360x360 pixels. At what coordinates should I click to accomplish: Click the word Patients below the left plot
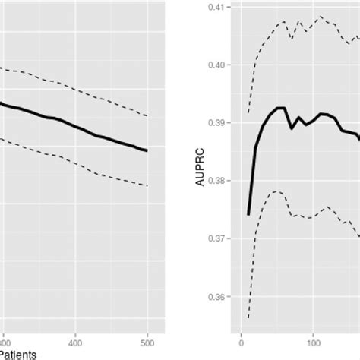click(18, 353)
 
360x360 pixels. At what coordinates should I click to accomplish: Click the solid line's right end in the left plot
click(147, 150)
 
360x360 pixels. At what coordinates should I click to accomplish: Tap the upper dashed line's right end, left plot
click(147, 115)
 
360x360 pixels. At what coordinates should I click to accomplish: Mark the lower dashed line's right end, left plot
click(147, 185)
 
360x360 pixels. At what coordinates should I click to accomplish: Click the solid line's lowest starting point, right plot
click(248, 215)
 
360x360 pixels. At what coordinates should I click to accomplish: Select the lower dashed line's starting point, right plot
click(248, 318)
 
